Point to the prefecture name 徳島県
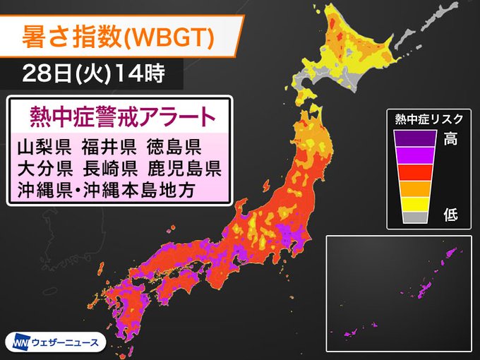click(174, 148)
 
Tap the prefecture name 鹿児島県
click(184, 169)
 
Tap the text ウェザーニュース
click(67, 342)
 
